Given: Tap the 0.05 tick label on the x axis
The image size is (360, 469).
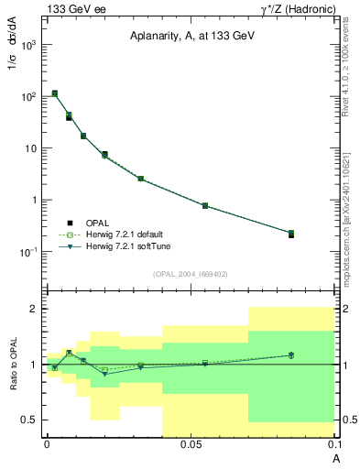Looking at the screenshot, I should (191, 444).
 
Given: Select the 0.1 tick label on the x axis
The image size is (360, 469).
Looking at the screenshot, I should (333, 444).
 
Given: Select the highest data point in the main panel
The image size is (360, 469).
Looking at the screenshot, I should (55, 93).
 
